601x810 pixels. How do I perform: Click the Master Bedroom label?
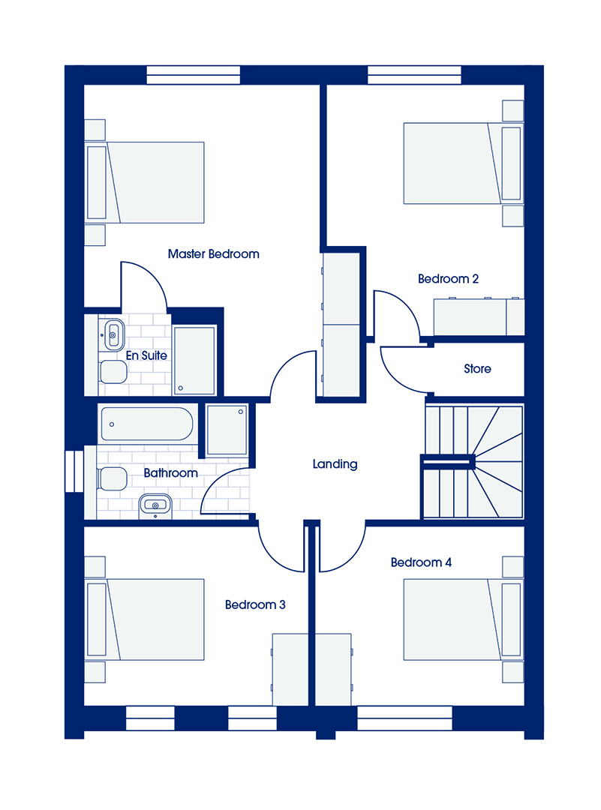pos(213,254)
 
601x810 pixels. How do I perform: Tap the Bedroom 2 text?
pos(448,279)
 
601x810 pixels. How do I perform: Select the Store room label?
pos(477,369)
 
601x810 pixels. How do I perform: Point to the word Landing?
pos(335,464)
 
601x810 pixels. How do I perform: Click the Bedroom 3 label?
pos(255,604)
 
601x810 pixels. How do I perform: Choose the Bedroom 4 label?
pos(421,562)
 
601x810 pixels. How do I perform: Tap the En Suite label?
pos(146,355)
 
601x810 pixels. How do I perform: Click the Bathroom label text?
pos(170,472)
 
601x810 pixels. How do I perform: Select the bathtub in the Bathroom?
pos(147,424)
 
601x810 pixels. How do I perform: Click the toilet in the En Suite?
pos(113,372)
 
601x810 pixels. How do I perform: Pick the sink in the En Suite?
pos(113,334)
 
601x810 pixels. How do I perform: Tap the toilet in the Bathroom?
pos(112,478)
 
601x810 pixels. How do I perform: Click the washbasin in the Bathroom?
pos(155,505)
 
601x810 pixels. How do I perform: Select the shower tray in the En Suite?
pos(194,361)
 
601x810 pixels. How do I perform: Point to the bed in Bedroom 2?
pos(462,163)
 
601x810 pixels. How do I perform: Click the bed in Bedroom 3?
pos(145,619)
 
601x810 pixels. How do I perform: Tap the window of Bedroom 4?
pos(404,718)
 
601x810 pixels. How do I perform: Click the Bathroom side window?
pos(74,471)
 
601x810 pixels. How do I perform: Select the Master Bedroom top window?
pos(194,75)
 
